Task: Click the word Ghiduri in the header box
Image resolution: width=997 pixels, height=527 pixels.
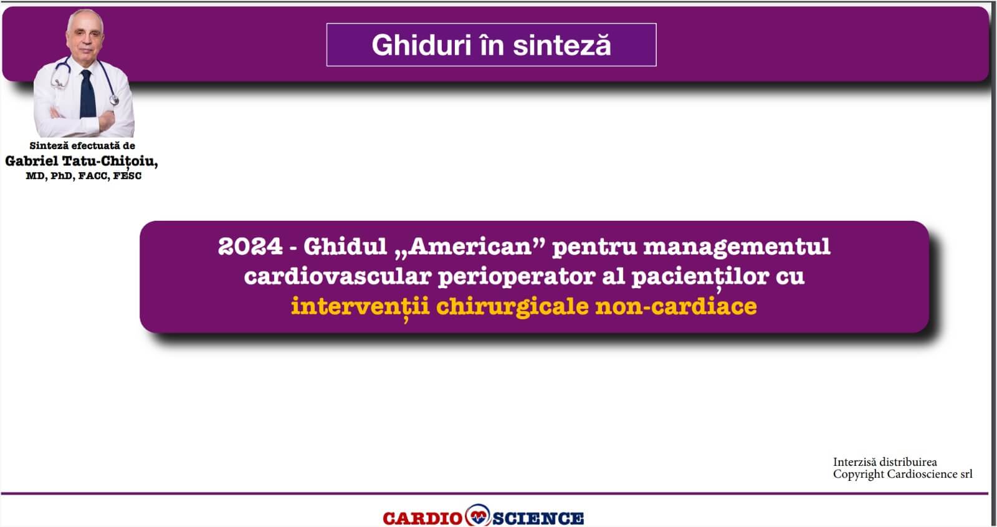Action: tap(421, 46)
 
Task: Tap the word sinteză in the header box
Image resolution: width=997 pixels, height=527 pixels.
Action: tap(562, 46)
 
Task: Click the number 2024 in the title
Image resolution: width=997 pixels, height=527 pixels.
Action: tap(250, 246)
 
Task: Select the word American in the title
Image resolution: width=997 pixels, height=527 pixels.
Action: tap(470, 246)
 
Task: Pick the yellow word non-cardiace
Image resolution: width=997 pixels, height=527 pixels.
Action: tap(676, 307)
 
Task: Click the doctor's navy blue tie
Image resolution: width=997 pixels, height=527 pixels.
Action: tap(88, 94)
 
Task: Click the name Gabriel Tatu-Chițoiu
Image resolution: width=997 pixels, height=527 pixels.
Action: tap(82, 162)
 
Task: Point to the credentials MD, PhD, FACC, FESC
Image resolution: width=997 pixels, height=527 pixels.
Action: tap(83, 176)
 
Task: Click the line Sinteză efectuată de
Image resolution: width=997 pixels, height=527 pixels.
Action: tap(82, 146)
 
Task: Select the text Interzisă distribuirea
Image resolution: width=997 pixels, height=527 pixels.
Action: tap(885, 462)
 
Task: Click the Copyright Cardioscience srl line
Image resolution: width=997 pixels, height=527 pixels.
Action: tap(903, 475)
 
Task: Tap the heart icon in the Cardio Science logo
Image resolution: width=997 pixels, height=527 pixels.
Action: tap(478, 515)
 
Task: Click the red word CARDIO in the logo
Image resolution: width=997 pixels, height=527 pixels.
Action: tap(422, 518)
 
